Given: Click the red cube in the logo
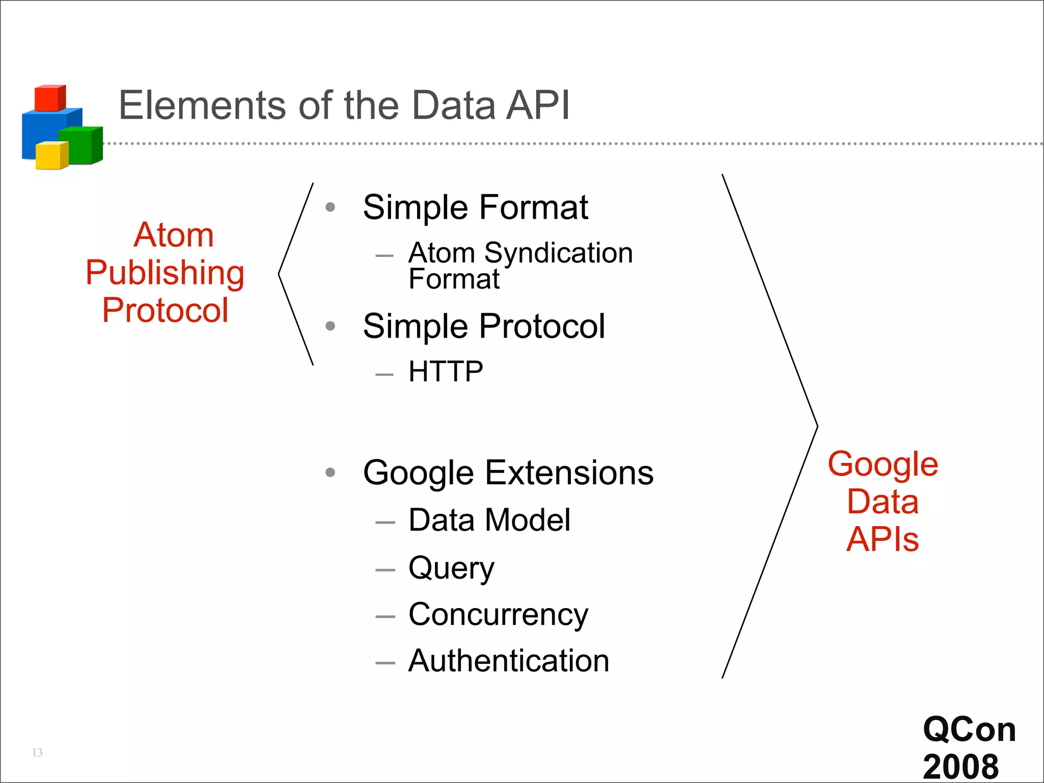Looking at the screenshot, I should [x=49, y=98].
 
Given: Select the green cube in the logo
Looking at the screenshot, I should [x=82, y=146].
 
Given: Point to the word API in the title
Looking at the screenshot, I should [x=537, y=105].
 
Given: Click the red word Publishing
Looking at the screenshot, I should [x=165, y=273].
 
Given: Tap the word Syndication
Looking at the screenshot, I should [x=558, y=253].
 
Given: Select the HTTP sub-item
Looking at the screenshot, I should [x=446, y=371].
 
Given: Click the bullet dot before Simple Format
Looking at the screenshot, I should [x=330, y=207].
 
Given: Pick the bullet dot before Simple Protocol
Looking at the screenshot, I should [x=330, y=326].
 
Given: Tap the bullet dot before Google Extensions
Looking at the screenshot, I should [x=330, y=473].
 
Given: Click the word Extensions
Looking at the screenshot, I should [x=569, y=473].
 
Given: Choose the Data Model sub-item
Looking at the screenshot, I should [x=489, y=520].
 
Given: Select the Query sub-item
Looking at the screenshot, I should [x=451, y=568].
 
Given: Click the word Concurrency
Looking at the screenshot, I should [x=498, y=614].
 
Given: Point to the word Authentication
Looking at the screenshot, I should [x=509, y=661].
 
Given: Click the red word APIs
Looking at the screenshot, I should [x=882, y=539].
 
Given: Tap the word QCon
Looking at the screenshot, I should [x=969, y=729].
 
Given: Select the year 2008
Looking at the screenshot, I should [x=960, y=766].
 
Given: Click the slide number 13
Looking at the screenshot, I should [x=37, y=752].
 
